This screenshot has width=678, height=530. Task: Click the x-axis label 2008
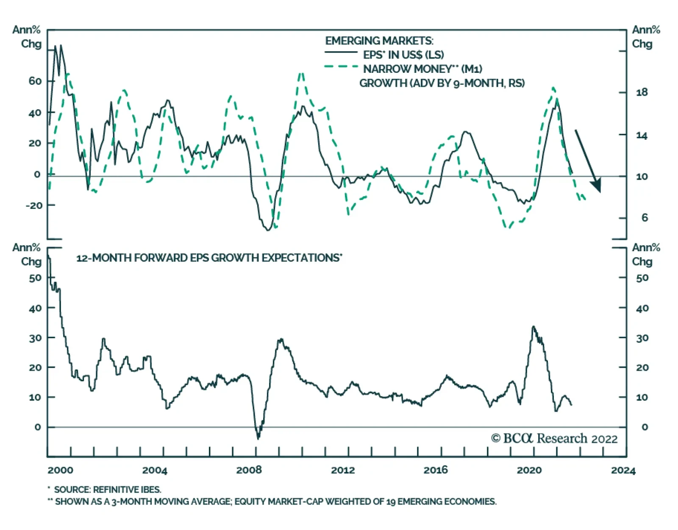[249, 470]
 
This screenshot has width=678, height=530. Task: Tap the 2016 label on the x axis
[436, 470]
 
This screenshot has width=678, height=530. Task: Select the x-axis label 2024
[623, 470]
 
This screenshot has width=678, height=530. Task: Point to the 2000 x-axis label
[60, 470]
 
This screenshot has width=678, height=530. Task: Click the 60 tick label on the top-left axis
[35, 81]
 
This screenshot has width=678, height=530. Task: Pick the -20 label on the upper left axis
[34, 205]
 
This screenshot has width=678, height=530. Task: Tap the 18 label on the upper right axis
[642, 92]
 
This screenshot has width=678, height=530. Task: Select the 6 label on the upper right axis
[645, 218]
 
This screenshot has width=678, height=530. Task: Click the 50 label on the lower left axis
[35, 278]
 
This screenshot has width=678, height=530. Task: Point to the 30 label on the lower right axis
[642, 338]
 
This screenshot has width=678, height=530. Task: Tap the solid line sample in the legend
[341, 53]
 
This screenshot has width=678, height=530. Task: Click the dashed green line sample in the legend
[341, 67]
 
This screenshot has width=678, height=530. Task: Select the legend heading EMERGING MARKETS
[379, 41]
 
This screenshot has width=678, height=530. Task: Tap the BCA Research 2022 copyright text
[554, 438]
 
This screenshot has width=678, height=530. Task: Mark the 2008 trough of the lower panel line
[258, 438]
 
